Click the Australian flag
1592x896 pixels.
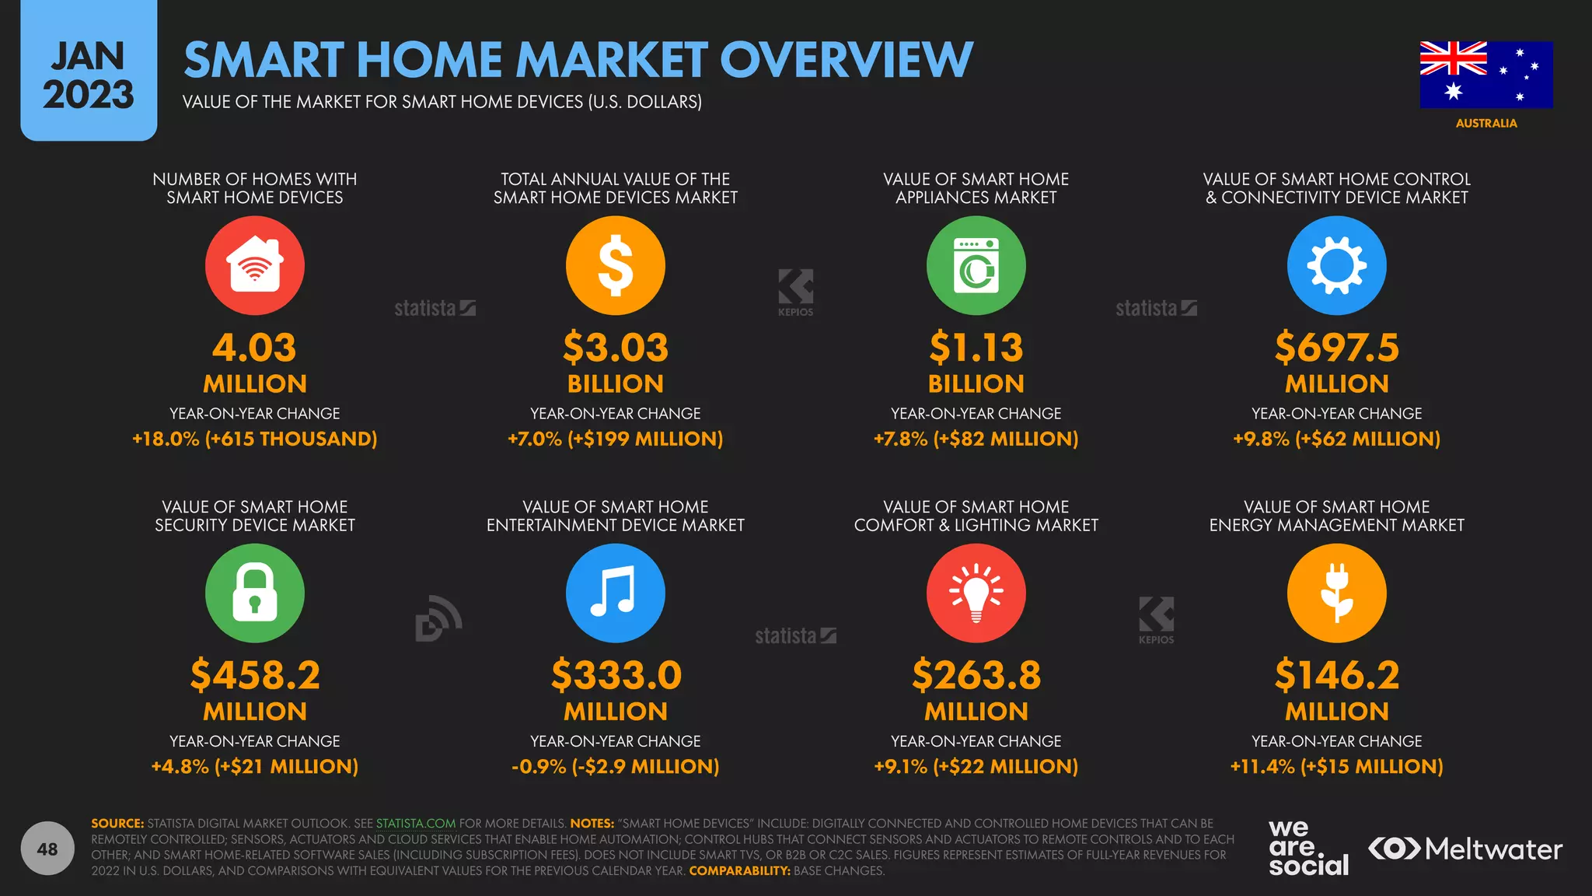[1486, 75]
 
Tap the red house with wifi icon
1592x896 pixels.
[255, 265]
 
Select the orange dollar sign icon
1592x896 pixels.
[615, 265]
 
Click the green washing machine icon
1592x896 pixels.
[976, 265]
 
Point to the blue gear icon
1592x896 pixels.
[1336, 265]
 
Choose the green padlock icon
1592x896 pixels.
[255, 593]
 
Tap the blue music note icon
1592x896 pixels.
[615, 593]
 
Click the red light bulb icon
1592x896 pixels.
[976, 593]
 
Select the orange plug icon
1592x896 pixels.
[1336, 593]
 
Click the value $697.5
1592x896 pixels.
[1336, 348]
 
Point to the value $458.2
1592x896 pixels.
[255, 675]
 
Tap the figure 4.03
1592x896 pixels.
[255, 348]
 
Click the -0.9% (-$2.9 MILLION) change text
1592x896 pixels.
[615, 767]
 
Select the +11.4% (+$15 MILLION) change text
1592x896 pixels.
[1336, 767]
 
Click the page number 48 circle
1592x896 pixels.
[47, 849]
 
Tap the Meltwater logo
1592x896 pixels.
[1465, 849]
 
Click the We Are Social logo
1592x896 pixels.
[1308, 848]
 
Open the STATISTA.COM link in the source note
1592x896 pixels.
[416, 824]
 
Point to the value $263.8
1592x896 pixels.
[976, 675]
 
